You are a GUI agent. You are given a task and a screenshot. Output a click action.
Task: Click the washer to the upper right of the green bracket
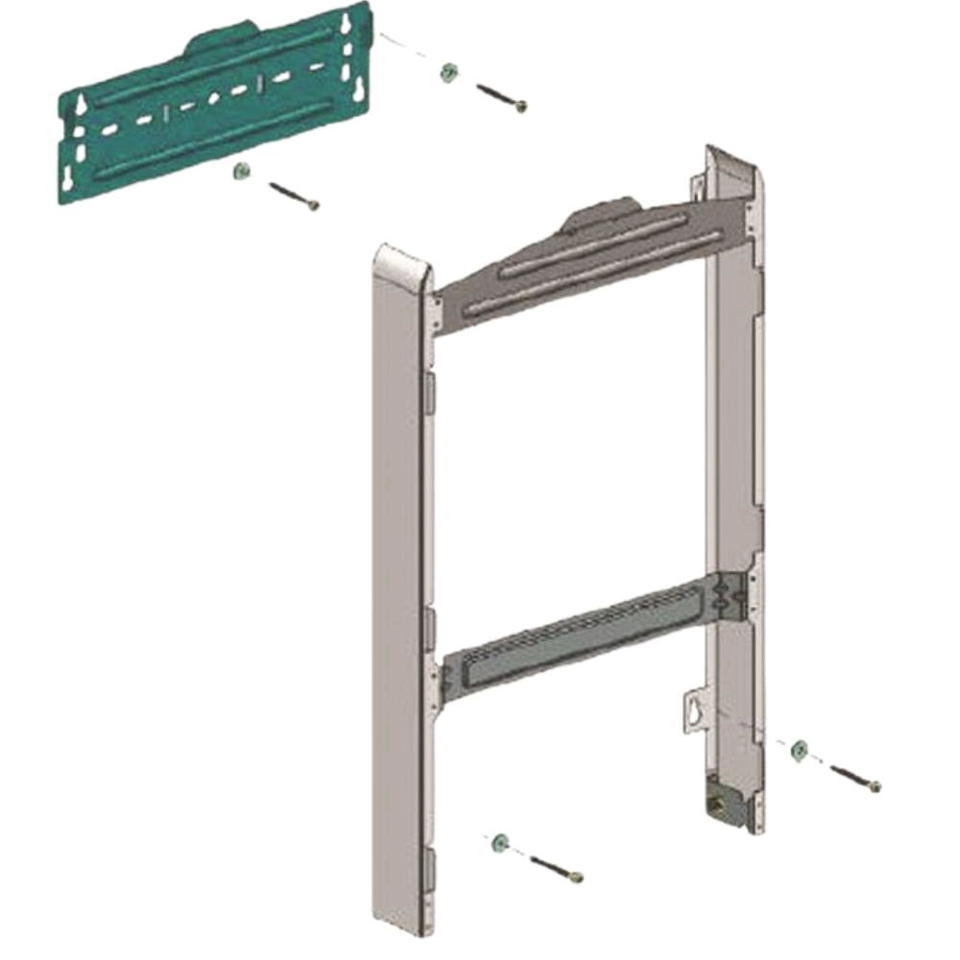click(446, 72)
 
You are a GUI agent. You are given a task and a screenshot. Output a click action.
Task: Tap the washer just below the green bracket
click(241, 172)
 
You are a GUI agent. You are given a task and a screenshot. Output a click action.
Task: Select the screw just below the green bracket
click(294, 196)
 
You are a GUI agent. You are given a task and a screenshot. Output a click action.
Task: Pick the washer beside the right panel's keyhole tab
click(799, 750)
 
